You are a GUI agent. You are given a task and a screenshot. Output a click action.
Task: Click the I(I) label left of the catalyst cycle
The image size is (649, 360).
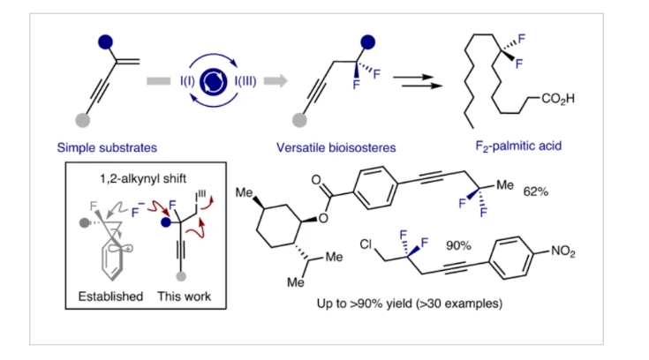click(187, 82)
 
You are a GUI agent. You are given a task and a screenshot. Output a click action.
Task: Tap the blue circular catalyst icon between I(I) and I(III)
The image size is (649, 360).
click(215, 82)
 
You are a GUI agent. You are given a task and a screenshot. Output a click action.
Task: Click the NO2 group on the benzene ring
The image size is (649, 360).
click(583, 253)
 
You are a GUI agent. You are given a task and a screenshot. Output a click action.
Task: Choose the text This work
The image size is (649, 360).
click(187, 296)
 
